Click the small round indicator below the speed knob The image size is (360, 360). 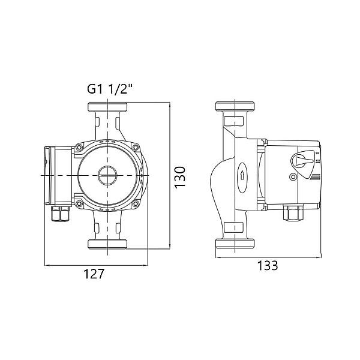pyautogui.click(x=292, y=177)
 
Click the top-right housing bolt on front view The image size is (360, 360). pyautogui.click(x=136, y=147)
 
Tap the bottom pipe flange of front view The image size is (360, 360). pyautogui.click(x=109, y=242)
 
